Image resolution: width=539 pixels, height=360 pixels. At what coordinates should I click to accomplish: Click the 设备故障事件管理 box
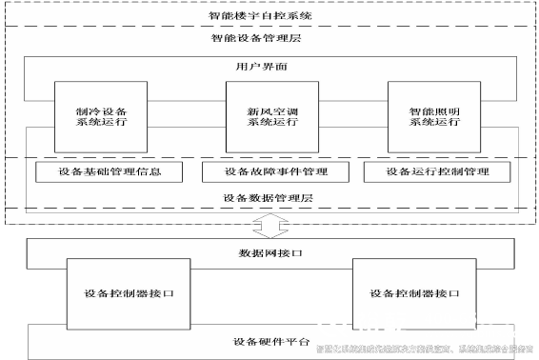[x=276, y=172]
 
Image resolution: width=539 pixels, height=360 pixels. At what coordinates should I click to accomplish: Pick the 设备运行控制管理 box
[x=438, y=172]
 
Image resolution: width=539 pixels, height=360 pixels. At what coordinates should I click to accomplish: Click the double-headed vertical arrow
[x=268, y=226]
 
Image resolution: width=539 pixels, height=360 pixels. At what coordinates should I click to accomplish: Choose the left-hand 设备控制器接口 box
[x=130, y=292]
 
